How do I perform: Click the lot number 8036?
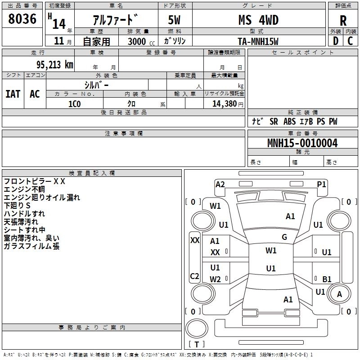pos(22,19)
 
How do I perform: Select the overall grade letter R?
pos(343,21)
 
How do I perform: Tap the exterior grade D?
pos(336,41)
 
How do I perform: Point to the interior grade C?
pos(350,41)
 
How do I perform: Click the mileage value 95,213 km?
pos(54,65)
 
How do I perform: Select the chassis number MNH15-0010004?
pos(302,143)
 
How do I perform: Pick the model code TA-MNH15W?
pos(258,41)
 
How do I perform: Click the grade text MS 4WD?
pos(258,20)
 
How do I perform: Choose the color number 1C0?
pos(74,104)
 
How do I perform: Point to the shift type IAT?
pos(13,94)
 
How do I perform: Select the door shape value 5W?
pos(174,20)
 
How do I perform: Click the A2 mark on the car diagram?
pos(220,184)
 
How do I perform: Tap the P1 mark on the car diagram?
pos(321,184)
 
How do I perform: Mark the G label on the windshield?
pos(284,237)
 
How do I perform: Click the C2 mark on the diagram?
pos(194,276)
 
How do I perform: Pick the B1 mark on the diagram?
pos(327,279)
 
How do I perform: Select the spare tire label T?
pos(197,344)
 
